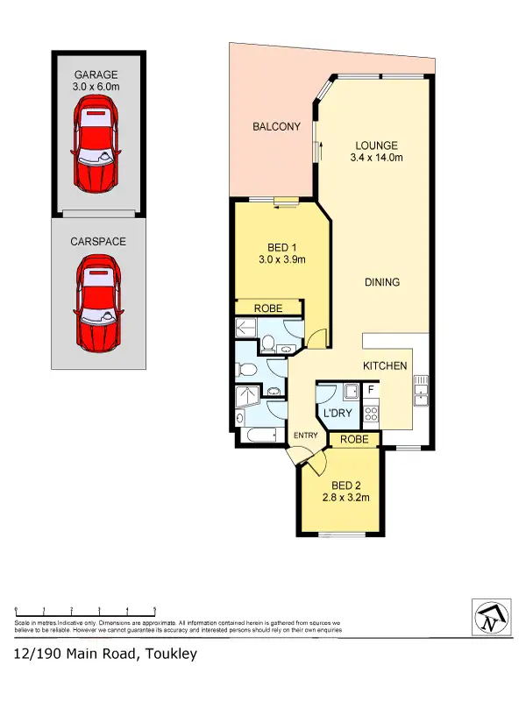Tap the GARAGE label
[96, 75]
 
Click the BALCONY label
[276, 127]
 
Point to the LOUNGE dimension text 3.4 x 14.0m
[377, 159]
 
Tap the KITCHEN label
[386, 365]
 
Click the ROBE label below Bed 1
[268, 308]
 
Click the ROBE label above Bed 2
[354, 439]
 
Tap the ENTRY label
[305, 435]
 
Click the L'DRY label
[337, 413]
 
